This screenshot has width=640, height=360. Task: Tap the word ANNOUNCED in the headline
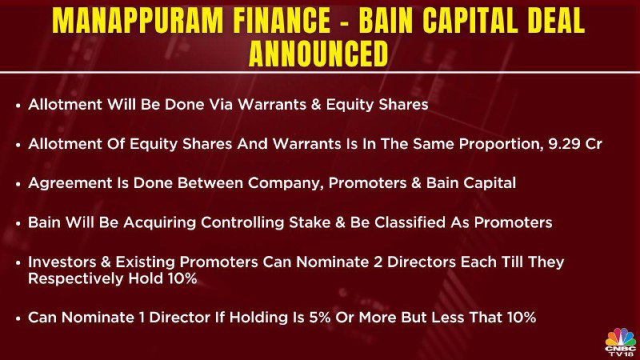coord(318,53)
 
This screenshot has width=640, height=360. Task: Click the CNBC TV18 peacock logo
coord(621,342)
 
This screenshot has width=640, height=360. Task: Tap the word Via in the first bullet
coord(221,105)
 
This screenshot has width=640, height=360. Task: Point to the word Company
coord(286,183)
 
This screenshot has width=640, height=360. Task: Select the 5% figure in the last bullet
coord(318,317)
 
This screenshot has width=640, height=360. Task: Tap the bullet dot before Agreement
coord(18,184)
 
